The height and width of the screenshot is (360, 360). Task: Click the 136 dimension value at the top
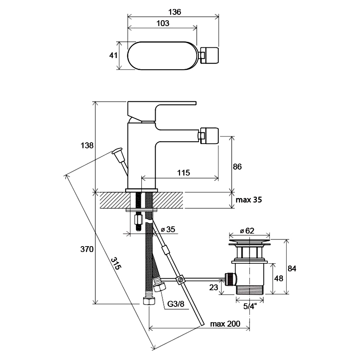tap(175, 12)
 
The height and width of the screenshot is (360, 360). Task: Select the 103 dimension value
tap(163, 23)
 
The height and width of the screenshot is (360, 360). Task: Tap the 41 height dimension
tap(113, 55)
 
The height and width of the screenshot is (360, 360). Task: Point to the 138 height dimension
tap(87, 145)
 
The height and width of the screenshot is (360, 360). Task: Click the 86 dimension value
tap(237, 166)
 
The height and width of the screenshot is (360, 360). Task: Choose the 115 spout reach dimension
tap(184, 173)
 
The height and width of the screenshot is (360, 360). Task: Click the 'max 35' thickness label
tap(249, 200)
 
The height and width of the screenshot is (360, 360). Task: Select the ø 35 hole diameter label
tap(168, 229)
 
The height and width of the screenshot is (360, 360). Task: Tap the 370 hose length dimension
tap(87, 249)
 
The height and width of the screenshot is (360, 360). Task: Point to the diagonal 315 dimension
tap(116, 263)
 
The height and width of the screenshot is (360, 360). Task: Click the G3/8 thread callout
tap(175, 304)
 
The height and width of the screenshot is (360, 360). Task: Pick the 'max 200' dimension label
tap(225, 324)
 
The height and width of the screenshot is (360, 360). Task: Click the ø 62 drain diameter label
tap(247, 230)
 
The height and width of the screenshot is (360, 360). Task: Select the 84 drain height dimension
tap(292, 268)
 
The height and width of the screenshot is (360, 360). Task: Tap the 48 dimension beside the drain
tap(279, 278)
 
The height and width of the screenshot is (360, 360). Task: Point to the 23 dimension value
tap(213, 287)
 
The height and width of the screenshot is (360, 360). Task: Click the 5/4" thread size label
tap(250, 306)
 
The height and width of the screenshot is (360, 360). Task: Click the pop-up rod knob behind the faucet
tap(117, 153)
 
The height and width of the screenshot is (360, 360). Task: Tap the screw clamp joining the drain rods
tap(180, 279)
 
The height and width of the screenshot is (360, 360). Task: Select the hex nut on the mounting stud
tap(138, 220)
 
